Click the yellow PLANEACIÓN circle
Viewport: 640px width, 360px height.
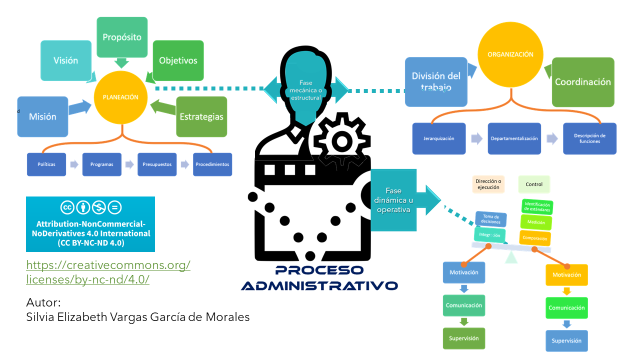[x=120, y=97]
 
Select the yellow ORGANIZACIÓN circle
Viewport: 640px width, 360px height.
[x=510, y=55]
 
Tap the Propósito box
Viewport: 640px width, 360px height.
[x=122, y=37]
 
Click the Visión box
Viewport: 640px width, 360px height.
[x=66, y=60]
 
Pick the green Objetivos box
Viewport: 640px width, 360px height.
[x=178, y=60]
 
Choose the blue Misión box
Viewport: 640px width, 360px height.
[x=42, y=116]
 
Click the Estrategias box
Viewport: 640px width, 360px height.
[x=201, y=116]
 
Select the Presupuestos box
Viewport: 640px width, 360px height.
[x=157, y=164]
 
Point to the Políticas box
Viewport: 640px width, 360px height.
[x=46, y=164]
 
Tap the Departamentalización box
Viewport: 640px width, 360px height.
[x=514, y=138]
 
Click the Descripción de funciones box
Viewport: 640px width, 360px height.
[x=589, y=138]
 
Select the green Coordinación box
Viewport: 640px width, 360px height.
[x=583, y=82]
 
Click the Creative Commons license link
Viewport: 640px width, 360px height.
[x=108, y=272]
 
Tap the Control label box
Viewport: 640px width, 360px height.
[x=534, y=184]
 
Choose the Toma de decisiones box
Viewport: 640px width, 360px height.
[x=490, y=219]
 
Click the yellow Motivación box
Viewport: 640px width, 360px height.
[x=566, y=275]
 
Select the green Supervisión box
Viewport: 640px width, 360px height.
[x=463, y=338]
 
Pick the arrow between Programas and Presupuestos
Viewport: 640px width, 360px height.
[x=129, y=164]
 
